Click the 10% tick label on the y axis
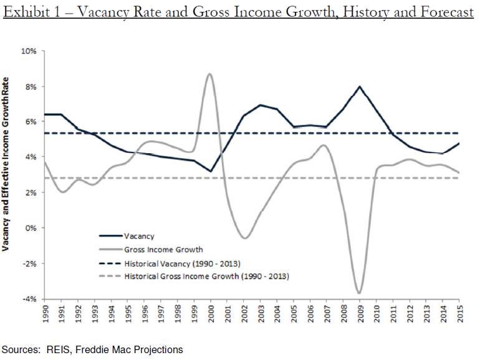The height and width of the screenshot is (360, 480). (x=29, y=50)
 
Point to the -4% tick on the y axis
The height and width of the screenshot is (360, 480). (x=29, y=299)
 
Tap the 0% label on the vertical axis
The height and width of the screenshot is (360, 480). (x=31, y=228)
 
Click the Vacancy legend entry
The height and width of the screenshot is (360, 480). (x=138, y=236)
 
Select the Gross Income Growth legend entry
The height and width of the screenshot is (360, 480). (x=158, y=249)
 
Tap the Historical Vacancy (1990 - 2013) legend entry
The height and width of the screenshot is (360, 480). (x=181, y=262)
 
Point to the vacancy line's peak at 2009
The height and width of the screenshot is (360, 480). (x=360, y=87)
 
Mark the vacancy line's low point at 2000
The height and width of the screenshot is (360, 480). (x=211, y=171)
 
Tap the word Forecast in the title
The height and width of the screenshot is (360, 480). (x=440, y=12)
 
